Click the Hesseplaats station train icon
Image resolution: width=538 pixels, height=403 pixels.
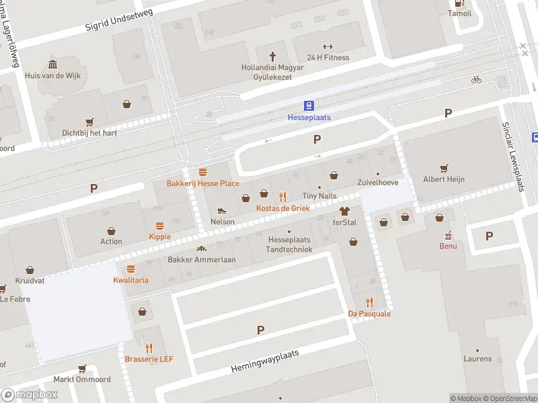(309, 105)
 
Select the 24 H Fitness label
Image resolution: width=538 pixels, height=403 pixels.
(328, 57)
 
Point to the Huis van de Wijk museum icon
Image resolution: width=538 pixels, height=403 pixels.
(52, 64)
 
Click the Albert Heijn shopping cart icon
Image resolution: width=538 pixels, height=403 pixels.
(444, 168)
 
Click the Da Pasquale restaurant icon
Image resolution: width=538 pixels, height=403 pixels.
(369, 302)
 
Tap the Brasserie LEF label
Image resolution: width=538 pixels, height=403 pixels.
(149, 359)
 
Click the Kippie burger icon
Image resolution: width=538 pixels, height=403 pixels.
(160, 226)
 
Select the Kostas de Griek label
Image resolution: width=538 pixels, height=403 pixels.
(282, 208)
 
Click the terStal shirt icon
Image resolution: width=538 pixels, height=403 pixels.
(344, 211)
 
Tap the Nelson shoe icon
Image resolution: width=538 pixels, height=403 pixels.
(223, 211)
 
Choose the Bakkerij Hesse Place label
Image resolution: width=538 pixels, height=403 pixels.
(203, 183)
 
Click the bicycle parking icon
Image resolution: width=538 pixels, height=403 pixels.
(476, 79)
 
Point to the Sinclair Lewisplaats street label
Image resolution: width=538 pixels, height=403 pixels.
(513, 156)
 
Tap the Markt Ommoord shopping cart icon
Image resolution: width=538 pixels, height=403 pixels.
(82, 368)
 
